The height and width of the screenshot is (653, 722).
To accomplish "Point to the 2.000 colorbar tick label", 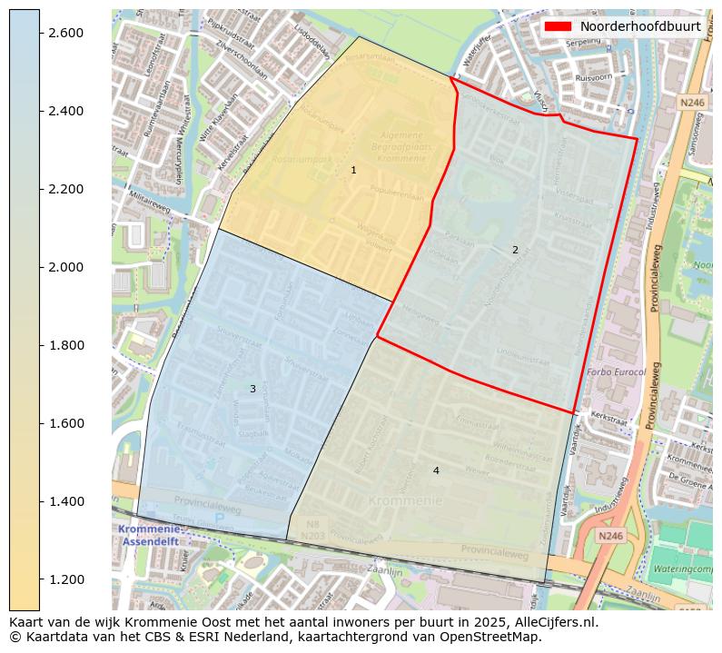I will (x=64, y=267).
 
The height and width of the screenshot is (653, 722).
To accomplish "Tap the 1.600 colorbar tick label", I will (x=64, y=423).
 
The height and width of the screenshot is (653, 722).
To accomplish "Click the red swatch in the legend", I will (x=557, y=26).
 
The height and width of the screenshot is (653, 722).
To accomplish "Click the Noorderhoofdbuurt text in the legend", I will (x=640, y=26).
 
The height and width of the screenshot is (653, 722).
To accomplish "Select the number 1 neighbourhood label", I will (x=353, y=171).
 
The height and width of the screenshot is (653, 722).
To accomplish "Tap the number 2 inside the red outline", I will (x=515, y=250).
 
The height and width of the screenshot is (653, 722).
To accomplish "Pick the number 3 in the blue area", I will (x=252, y=389).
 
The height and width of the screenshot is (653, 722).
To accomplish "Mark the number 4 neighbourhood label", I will (x=436, y=470).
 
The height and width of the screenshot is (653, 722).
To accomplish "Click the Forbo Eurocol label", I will (x=617, y=372).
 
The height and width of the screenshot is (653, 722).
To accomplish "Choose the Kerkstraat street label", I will (x=609, y=415).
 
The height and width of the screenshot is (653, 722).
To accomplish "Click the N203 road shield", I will (x=313, y=537).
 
